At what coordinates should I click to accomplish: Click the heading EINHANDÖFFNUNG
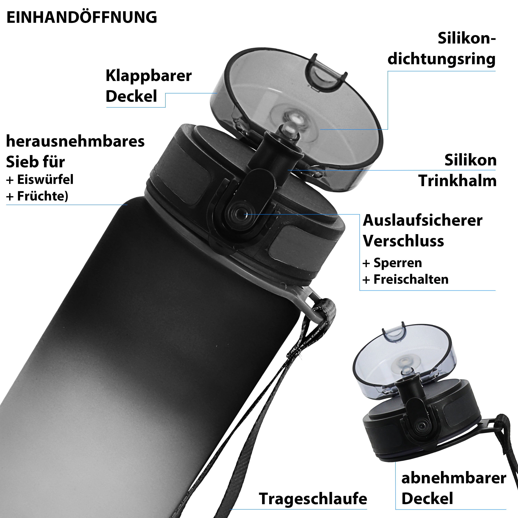81,17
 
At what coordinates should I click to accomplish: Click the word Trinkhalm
457,181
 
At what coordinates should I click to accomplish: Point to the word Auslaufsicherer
423,221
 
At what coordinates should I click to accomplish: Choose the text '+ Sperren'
392,263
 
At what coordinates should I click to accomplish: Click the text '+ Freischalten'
405,279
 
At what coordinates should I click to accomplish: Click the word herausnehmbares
75,142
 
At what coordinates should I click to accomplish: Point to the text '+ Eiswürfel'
40,180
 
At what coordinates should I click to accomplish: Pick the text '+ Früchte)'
37,196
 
